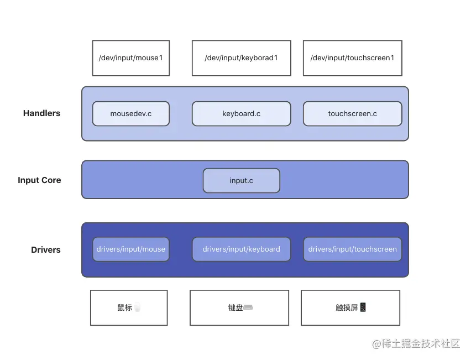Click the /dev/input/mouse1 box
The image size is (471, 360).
(130, 58)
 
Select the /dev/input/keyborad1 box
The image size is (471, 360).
(241, 58)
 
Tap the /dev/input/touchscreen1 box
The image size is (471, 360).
(352, 58)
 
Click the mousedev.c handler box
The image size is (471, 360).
(130, 113)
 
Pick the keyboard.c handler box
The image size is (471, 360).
(241, 113)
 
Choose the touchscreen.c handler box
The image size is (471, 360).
(352, 113)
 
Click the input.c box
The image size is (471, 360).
(241, 180)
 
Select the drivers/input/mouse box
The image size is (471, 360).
(130, 249)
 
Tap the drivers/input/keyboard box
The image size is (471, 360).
(241, 249)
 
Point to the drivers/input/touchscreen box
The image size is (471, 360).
(352, 249)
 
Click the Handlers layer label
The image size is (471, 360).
(41, 113)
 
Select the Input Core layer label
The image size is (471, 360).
(39, 180)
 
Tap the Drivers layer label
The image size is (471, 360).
(45, 250)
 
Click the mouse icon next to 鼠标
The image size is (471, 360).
(137, 307)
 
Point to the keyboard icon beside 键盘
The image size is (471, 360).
(248, 307)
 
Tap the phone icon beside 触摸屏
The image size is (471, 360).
(363, 307)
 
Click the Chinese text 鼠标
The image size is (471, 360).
(124, 307)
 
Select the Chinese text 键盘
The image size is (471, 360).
(235, 307)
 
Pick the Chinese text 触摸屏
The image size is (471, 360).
(347, 307)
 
